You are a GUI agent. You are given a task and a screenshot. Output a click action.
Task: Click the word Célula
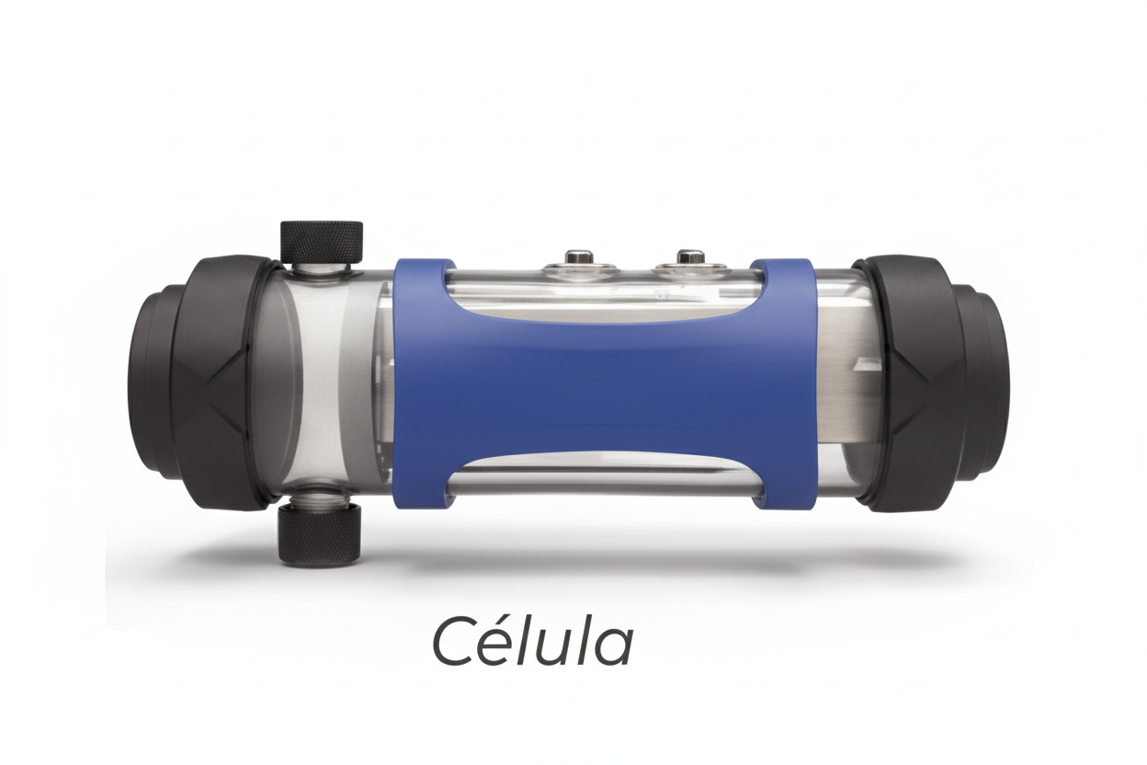[532, 638]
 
